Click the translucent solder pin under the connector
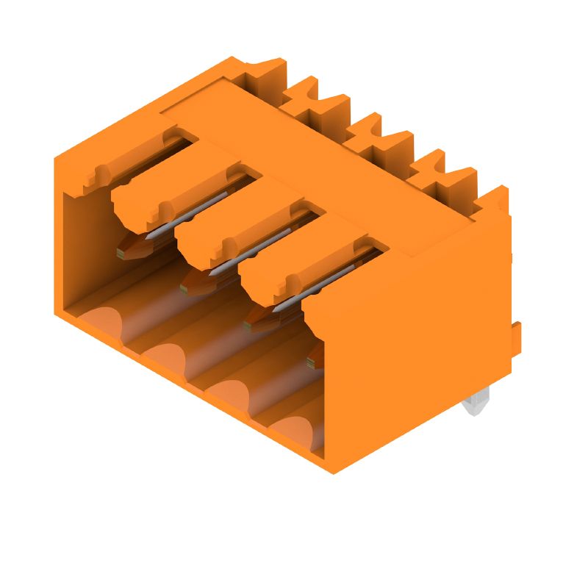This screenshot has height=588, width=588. (x=476, y=406)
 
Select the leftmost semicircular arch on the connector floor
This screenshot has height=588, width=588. (x=102, y=323)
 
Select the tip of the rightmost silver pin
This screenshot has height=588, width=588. (x=277, y=308)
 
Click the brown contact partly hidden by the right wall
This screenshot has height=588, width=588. (x=314, y=357)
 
